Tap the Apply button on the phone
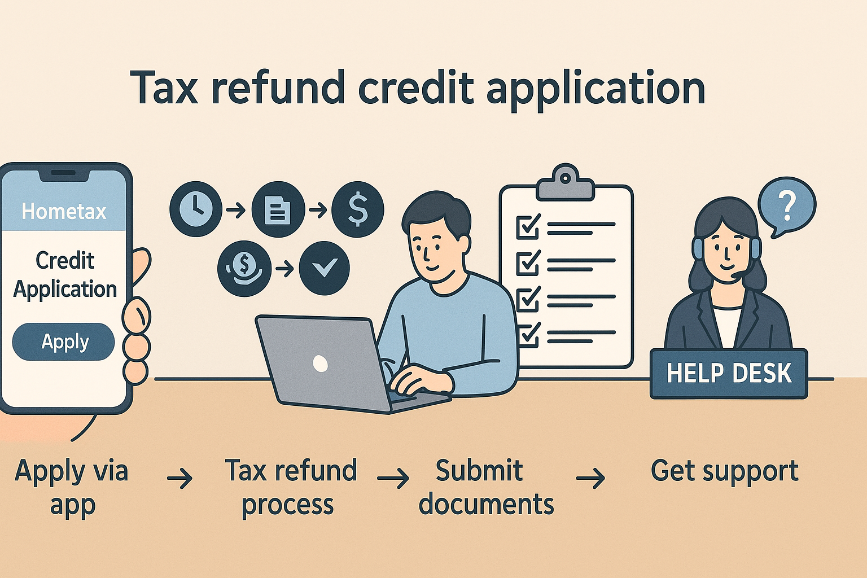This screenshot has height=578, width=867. [63, 341]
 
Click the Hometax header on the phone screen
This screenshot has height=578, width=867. [64, 211]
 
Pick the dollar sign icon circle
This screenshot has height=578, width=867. [358, 209]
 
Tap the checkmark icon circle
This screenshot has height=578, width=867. [324, 268]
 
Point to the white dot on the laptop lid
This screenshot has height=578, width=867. [320, 363]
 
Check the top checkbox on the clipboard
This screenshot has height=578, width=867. [528, 227]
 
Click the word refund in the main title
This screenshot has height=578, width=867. [277, 89]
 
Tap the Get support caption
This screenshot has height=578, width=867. [724, 471]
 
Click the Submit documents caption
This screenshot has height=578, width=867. [486, 487]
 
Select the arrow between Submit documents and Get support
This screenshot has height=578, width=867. [590, 479]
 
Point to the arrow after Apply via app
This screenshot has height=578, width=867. [179, 479]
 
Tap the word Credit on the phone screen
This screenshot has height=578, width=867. [65, 260]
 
